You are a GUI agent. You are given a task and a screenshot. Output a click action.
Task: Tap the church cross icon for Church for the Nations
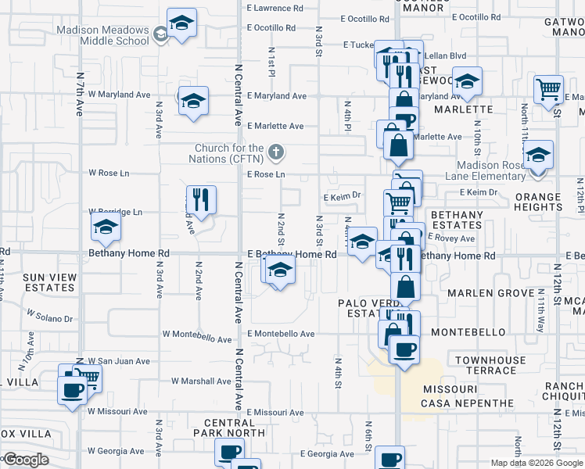tap(275, 151)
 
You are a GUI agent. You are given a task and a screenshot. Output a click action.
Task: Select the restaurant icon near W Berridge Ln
tap(201, 200)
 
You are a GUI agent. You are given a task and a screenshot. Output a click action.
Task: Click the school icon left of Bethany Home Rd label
tap(106, 228)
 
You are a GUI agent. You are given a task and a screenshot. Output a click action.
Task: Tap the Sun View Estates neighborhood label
tap(50, 282)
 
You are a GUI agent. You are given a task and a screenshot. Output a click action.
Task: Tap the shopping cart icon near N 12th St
tap(548, 88)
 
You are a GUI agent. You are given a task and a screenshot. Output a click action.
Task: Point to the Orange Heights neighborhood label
tap(538, 202)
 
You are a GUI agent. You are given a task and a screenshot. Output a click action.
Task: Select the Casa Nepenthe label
tap(468, 403)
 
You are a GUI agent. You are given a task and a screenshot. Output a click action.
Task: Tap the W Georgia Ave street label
tap(117, 451)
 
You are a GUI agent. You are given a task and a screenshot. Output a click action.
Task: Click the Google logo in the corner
tap(25, 460)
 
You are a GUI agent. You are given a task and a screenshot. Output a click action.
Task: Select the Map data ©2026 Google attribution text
tap(537, 463)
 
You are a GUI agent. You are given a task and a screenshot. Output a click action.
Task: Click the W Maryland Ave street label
tap(119, 95)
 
